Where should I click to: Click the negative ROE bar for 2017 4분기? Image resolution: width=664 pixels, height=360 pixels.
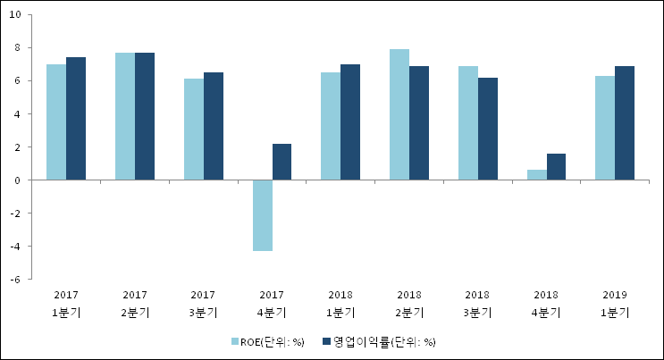pyautogui.click(x=262, y=215)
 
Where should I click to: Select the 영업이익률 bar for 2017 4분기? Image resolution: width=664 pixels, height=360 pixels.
pyautogui.click(x=282, y=162)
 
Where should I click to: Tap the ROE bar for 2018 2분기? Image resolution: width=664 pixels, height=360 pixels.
pyautogui.click(x=399, y=114)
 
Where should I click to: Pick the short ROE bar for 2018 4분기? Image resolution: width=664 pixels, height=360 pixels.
pyautogui.click(x=536, y=175)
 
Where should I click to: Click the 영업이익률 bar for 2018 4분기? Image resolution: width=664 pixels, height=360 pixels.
pyautogui.click(x=556, y=167)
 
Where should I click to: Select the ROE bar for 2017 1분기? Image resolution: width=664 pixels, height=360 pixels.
pyautogui.click(x=56, y=122)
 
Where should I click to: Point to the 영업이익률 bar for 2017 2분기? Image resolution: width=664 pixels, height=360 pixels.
pyautogui.click(x=145, y=116)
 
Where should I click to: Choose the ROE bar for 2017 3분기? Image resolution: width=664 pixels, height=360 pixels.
pyautogui.click(x=194, y=130)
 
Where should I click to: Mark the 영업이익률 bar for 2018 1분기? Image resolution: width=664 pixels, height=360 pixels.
pyautogui.click(x=350, y=122)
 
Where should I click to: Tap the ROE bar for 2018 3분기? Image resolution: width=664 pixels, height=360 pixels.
pyautogui.click(x=467, y=123)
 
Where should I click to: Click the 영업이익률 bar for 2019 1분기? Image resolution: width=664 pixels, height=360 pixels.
pyautogui.click(x=625, y=123)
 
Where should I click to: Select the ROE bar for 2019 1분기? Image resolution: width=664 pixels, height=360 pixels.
pyautogui.click(x=605, y=128)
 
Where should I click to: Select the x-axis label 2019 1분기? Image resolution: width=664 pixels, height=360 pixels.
pyautogui.click(x=615, y=303)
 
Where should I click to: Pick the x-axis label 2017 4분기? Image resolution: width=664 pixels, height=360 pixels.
pyautogui.click(x=272, y=303)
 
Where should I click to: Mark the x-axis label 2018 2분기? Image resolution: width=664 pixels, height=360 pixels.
pyautogui.click(x=409, y=303)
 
